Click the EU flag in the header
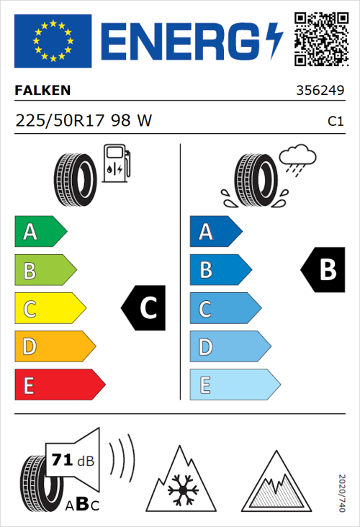[53, 41]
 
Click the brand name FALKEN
[43, 91]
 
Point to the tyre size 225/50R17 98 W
[84, 122]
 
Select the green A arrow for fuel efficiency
[40, 232]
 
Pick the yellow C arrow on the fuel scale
[50, 309]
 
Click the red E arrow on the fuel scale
[59, 385]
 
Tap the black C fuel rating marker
[143, 308]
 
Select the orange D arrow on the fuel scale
[55, 347]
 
